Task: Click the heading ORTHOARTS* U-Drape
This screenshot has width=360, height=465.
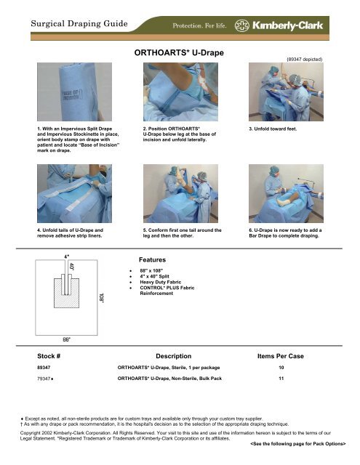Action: pyautogui.click(x=179, y=54)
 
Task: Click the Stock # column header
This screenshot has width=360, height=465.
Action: pyautogui.click(x=52, y=357)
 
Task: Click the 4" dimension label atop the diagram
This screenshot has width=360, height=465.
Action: pyautogui.click(x=67, y=256)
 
